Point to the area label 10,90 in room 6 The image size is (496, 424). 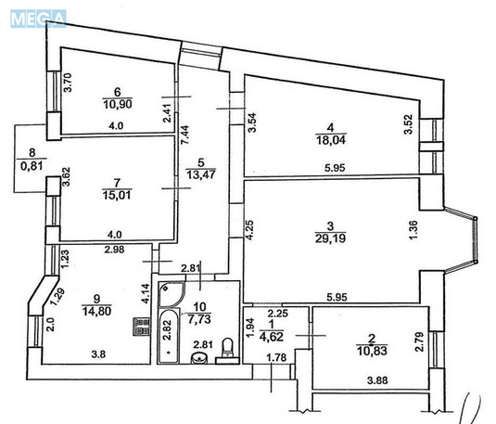[118, 104]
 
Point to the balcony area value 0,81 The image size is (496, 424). [31, 169]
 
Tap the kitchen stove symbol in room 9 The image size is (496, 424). [141, 328]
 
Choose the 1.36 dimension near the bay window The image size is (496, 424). [411, 228]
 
